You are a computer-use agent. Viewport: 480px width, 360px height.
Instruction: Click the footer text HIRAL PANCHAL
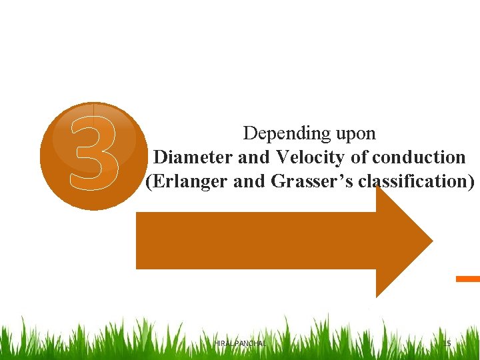click(240, 343)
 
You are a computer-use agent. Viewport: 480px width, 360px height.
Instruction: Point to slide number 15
click(447, 343)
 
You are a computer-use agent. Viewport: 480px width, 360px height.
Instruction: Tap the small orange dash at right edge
click(468, 279)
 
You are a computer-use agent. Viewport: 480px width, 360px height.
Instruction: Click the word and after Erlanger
click(251, 181)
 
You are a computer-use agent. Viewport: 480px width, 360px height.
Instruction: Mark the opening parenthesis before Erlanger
click(148, 181)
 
